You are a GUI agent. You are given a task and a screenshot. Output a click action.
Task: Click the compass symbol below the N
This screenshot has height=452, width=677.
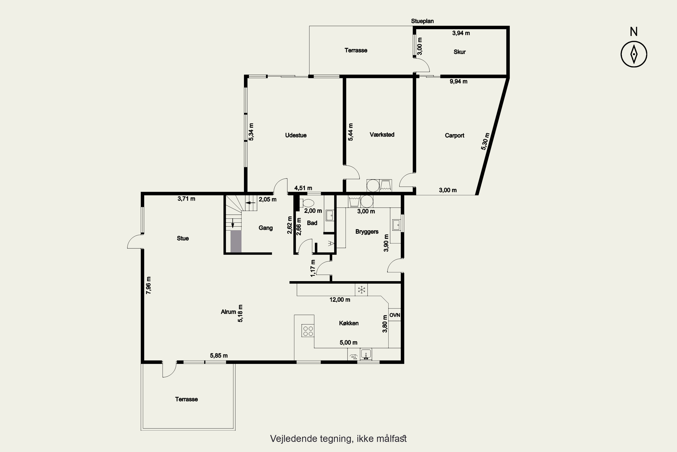click(634, 54)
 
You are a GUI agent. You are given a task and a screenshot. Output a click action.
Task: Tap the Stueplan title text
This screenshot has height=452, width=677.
click(422, 21)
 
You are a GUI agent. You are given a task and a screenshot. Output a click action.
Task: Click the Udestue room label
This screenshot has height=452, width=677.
click(296, 135)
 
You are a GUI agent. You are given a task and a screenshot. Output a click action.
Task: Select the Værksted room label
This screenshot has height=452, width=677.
click(382, 135)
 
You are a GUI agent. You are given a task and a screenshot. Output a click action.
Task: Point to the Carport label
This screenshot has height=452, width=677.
click(454, 135)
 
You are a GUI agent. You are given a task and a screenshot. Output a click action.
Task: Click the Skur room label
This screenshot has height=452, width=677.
click(459, 52)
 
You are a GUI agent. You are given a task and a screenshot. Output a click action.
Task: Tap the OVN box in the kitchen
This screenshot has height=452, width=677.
click(395, 315)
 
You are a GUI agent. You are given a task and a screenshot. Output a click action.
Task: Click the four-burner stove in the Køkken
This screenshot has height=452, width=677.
click(308, 331)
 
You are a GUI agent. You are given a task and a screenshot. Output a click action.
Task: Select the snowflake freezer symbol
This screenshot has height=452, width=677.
click(361, 290)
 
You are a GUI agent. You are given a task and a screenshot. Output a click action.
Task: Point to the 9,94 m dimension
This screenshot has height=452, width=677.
click(459, 82)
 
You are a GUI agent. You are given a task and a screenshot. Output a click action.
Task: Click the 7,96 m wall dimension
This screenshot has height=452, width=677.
click(148, 285)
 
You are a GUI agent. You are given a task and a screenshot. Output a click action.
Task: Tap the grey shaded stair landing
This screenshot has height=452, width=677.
click(236, 241)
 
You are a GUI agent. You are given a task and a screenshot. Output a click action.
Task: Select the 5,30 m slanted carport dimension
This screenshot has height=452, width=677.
click(485, 141)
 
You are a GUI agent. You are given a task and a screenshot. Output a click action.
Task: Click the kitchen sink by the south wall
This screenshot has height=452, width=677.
click(366, 354)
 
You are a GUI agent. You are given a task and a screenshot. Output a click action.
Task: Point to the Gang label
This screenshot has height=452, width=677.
click(265, 228)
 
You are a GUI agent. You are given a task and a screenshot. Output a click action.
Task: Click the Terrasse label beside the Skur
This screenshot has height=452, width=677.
click(356, 50)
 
